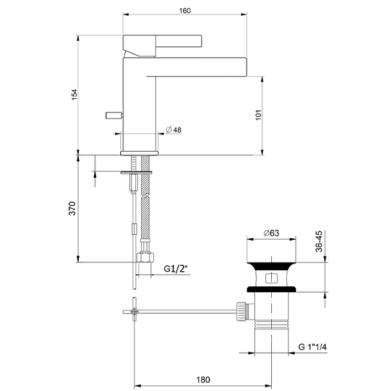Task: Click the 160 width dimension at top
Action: [x=184, y=10]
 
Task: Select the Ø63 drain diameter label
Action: [x=271, y=234]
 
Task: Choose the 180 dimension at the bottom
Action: [x=204, y=379]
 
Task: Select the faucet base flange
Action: [x=140, y=153]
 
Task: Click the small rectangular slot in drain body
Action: [x=272, y=279]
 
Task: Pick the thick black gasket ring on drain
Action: [x=272, y=289]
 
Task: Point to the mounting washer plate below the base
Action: [x=136, y=172]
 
